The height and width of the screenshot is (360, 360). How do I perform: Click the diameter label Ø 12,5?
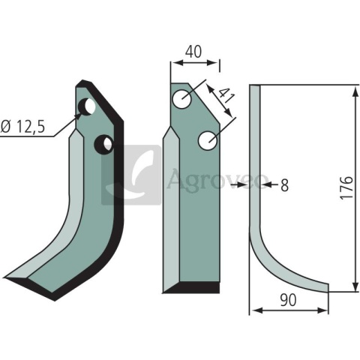23,128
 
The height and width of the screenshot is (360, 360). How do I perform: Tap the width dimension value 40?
193,51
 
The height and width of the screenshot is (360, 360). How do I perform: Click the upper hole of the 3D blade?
88,106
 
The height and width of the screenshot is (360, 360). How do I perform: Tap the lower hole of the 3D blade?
106,142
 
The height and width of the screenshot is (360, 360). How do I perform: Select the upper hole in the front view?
182,97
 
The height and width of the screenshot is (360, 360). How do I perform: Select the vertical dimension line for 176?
352,187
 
